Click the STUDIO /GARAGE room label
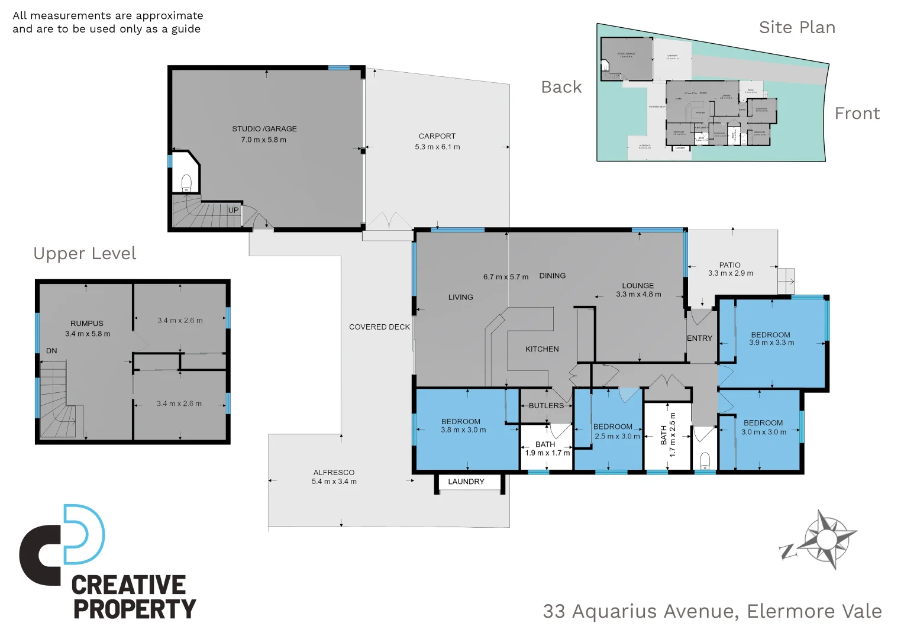coord(264,128)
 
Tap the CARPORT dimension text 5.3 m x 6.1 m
coord(437,147)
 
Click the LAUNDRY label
coord(466,482)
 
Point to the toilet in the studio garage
coord(186,182)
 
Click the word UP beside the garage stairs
coord(234,210)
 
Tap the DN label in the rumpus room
coord(51,351)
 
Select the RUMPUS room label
coord(87,324)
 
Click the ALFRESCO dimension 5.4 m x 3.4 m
coord(334,482)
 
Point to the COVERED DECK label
coord(379,327)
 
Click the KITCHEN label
coord(542,349)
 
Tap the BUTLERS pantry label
coord(546,406)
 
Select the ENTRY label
coord(699,338)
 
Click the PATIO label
coord(729,265)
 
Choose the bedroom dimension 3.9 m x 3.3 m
coord(771,343)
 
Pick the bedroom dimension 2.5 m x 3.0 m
coord(617,436)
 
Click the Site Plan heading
coord(797,27)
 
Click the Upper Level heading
coord(85,253)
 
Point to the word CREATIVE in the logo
coord(128,585)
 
